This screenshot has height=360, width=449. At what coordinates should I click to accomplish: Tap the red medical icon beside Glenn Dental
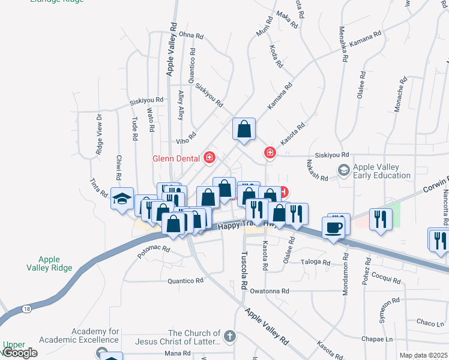coord(209,158)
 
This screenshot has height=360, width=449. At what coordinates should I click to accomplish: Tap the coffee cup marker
coord(334,227)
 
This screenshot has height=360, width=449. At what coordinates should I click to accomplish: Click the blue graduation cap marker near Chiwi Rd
coord(122,198)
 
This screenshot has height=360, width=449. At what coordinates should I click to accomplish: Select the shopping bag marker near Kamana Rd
coord(244,129)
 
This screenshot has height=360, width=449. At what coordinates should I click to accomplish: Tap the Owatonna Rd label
coord(270,291)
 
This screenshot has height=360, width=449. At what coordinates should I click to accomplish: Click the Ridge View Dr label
coord(100,134)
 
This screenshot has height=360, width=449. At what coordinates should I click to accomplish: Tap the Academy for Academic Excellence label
coord(96,336)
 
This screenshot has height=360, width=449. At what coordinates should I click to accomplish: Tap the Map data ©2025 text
coord(423,355)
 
